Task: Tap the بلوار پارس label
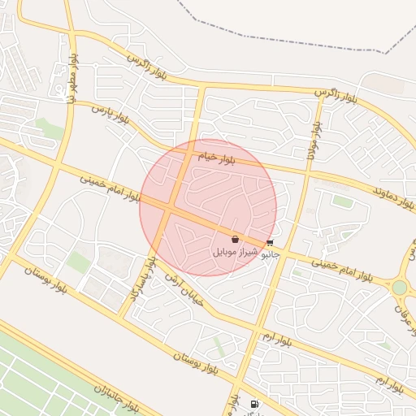(x=110, y=115)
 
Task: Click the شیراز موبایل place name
(x=235, y=253)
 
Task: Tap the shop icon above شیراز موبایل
(x=235, y=240)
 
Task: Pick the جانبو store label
(x=269, y=254)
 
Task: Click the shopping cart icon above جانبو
(x=269, y=243)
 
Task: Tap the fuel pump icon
(x=255, y=404)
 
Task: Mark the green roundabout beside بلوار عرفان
(x=399, y=288)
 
